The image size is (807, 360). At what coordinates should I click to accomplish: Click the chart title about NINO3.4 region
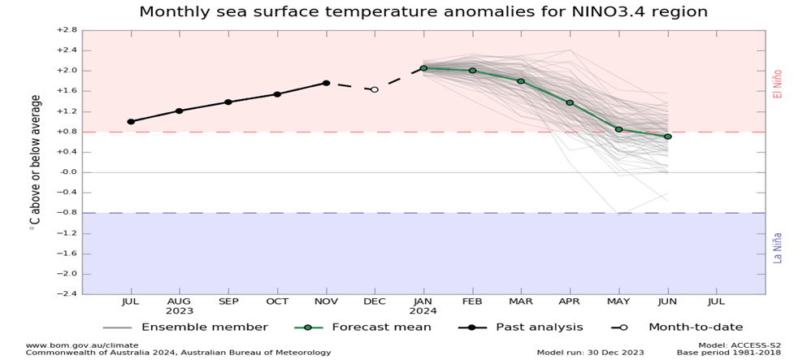[x=423, y=12]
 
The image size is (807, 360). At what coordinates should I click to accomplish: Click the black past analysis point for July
[x=131, y=121]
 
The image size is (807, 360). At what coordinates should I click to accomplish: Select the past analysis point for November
[x=326, y=83]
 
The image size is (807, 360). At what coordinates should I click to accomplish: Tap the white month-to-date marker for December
[x=375, y=89]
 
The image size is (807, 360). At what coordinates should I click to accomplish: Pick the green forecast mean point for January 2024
[x=423, y=68]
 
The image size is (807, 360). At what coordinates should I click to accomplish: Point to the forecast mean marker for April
[x=570, y=102]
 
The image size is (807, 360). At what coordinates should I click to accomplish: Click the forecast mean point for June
[x=667, y=137]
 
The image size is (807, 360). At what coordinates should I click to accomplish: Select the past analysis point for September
[x=228, y=102]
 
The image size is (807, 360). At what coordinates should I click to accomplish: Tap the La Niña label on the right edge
[x=777, y=247]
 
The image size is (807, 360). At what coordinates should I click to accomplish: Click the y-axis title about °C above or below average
[x=35, y=162]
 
